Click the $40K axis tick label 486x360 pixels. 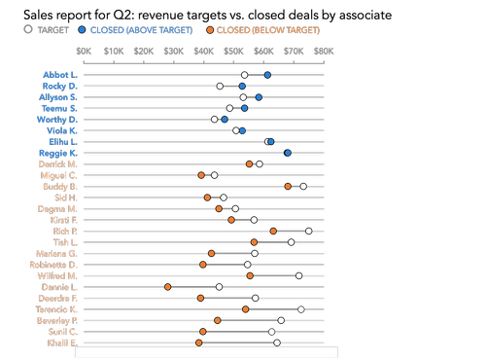(203, 50)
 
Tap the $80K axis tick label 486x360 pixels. (324, 50)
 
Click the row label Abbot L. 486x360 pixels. (60, 75)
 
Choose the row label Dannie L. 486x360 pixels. (60, 287)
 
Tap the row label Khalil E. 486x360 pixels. (61, 342)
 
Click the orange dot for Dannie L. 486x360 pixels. (168, 287)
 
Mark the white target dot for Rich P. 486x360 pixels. (309, 231)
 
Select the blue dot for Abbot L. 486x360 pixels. (268, 75)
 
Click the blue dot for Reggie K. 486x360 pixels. (288, 153)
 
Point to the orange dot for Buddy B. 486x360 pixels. (288, 186)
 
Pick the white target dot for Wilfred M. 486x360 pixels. (298, 275)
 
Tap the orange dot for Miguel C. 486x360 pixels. (201, 175)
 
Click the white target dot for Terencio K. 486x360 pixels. (301, 309)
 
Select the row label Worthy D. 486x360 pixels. (59, 120)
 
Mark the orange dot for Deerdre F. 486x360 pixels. (201, 298)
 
